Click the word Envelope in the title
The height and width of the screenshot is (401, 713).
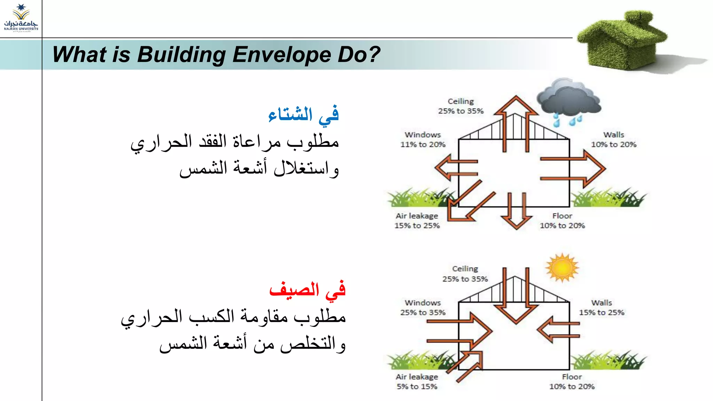coord(281,55)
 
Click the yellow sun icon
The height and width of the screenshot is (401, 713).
coord(562,268)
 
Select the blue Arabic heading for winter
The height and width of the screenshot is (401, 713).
coord(303,115)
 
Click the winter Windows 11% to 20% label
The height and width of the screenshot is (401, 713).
coord(423,140)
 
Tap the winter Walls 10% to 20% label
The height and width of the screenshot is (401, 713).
coord(613,140)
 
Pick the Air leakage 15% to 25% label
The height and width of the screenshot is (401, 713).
coord(417,221)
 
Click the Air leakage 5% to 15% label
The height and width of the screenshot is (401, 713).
coord(417,382)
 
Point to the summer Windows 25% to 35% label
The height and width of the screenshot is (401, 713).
coord(423,308)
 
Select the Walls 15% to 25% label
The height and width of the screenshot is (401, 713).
coord(602,308)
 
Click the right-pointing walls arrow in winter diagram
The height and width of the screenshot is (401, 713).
coord(578,168)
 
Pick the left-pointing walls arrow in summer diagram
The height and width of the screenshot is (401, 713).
coord(557,329)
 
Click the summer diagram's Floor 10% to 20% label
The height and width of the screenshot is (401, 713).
coord(572,382)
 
